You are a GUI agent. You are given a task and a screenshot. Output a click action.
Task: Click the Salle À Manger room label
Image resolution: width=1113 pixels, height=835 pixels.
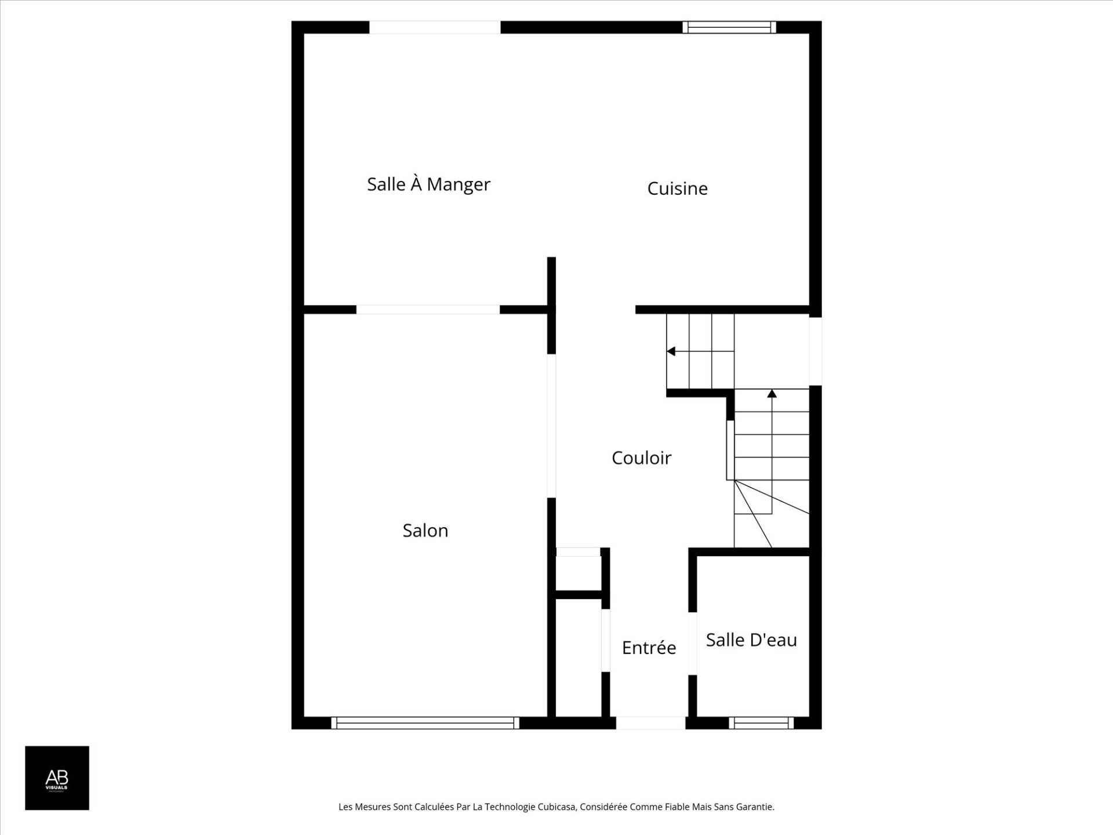(x=428, y=184)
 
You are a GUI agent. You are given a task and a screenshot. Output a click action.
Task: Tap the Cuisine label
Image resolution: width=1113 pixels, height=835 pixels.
(x=677, y=188)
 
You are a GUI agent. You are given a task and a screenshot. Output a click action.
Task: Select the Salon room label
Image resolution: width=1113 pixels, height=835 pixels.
(x=425, y=531)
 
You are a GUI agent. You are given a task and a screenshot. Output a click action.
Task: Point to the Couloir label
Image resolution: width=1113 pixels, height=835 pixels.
(x=641, y=458)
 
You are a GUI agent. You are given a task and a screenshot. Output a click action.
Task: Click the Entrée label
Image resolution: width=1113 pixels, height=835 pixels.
(x=649, y=648)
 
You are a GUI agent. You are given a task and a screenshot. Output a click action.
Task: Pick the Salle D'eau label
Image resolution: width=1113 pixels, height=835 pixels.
(x=751, y=640)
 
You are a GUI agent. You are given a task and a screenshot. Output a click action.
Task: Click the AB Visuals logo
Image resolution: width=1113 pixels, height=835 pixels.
(x=57, y=778)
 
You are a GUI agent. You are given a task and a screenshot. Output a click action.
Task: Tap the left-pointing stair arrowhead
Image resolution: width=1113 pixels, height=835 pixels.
(x=671, y=351)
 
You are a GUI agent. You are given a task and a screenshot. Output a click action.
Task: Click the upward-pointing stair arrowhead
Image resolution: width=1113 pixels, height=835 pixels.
(x=772, y=394)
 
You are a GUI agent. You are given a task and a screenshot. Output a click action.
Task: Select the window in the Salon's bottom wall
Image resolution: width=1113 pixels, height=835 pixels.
(x=425, y=723)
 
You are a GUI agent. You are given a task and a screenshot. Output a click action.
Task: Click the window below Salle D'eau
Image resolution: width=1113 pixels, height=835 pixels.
(x=761, y=723)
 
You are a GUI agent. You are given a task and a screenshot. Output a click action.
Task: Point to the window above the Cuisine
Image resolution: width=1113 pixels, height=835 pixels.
(x=729, y=27)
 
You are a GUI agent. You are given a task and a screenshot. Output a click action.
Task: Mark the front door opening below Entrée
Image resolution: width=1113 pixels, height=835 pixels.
(x=650, y=723)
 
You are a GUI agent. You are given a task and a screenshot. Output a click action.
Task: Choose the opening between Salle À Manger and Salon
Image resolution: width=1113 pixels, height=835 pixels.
(x=428, y=310)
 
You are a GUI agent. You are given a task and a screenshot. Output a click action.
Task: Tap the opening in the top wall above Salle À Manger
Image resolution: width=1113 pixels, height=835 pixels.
(x=435, y=27)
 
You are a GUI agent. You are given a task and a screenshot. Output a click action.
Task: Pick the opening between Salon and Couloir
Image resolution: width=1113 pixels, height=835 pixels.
(x=552, y=426)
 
